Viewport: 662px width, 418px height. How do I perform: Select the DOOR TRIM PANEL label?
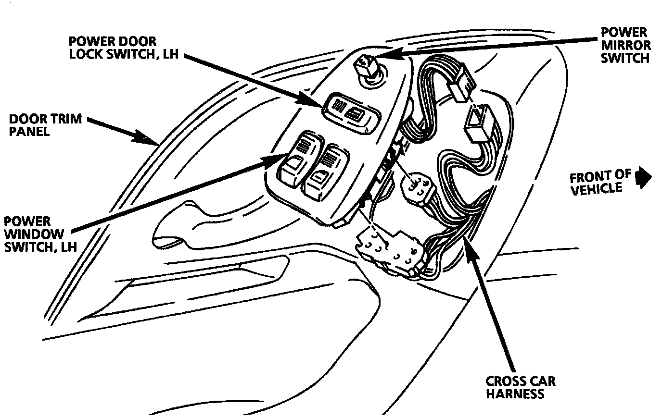click(x=45, y=124)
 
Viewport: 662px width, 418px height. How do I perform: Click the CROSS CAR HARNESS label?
click(x=521, y=387)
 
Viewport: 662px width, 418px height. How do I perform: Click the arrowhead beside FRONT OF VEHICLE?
click(x=643, y=176)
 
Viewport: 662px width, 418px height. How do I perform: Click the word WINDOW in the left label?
click(x=34, y=234)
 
